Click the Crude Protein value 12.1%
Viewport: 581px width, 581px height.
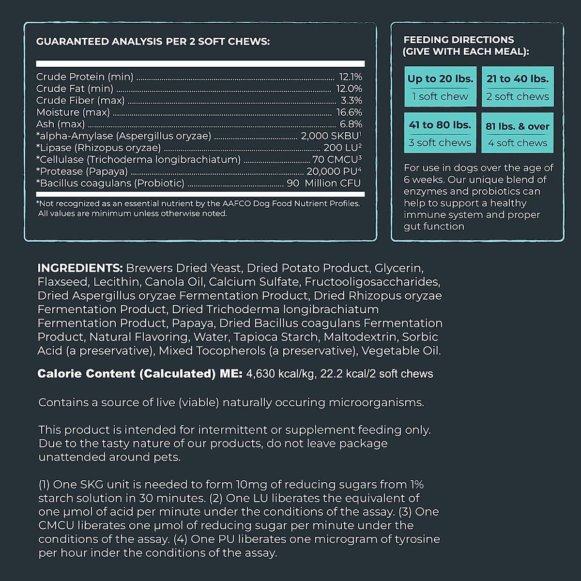(x=350, y=77)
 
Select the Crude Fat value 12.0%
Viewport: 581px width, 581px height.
(x=349, y=89)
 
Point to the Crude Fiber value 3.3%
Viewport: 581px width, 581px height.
(x=351, y=101)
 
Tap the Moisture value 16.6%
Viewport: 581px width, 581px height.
(x=349, y=112)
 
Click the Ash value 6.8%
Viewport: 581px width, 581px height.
(x=351, y=124)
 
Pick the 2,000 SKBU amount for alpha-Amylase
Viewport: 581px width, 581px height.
(x=331, y=136)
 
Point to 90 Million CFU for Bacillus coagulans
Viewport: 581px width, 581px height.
(x=323, y=183)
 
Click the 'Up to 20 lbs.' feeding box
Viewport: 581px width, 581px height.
(x=440, y=87)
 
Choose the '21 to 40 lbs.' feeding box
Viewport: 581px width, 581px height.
(x=518, y=87)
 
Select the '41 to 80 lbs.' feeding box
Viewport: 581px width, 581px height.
(x=440, y=133)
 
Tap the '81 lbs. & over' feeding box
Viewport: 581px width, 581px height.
(x=518, y=133)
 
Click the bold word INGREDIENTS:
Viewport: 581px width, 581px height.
(x=80, y=268)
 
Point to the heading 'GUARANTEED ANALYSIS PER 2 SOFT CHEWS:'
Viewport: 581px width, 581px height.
(x=153, y=42)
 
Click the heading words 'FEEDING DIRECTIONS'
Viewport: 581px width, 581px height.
(x=459, y=40)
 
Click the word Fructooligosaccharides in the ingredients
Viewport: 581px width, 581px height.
(x=372, y=282)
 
